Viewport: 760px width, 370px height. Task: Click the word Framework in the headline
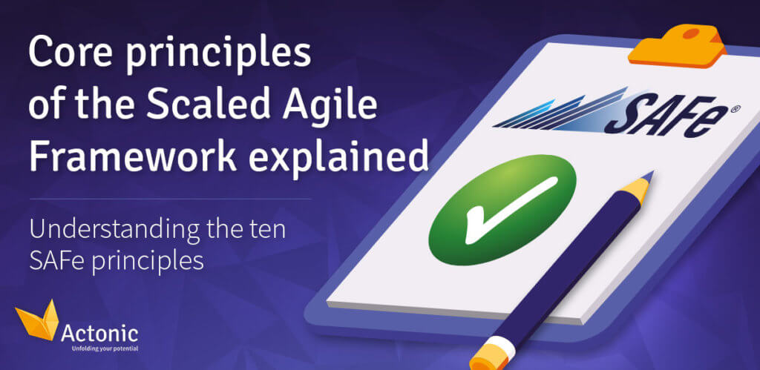(132, 156)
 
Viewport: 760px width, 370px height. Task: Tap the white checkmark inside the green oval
(504, 209)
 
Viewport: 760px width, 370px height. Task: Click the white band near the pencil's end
(494, 345)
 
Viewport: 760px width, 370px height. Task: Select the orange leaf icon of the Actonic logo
(37, 320)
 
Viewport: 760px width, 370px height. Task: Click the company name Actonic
(100, 334)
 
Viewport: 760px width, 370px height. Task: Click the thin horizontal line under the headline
(171, 199)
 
